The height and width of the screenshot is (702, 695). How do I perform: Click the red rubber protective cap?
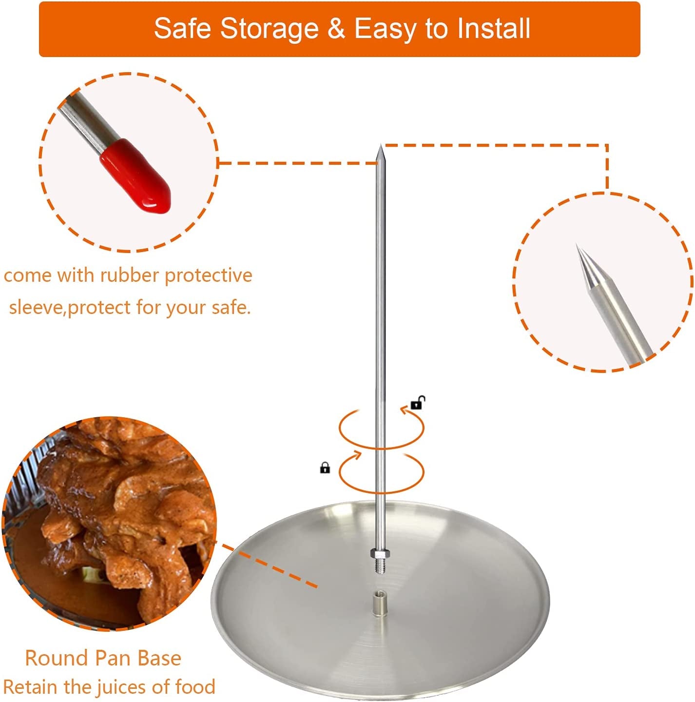137,176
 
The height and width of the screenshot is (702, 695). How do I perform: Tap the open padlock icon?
417,403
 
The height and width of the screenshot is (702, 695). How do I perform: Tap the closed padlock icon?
325,468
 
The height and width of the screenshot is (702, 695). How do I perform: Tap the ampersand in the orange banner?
336,28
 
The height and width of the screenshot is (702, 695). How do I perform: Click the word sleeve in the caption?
37,308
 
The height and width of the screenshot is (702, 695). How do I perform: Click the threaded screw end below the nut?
379,566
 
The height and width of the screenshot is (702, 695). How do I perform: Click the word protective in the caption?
208,275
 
